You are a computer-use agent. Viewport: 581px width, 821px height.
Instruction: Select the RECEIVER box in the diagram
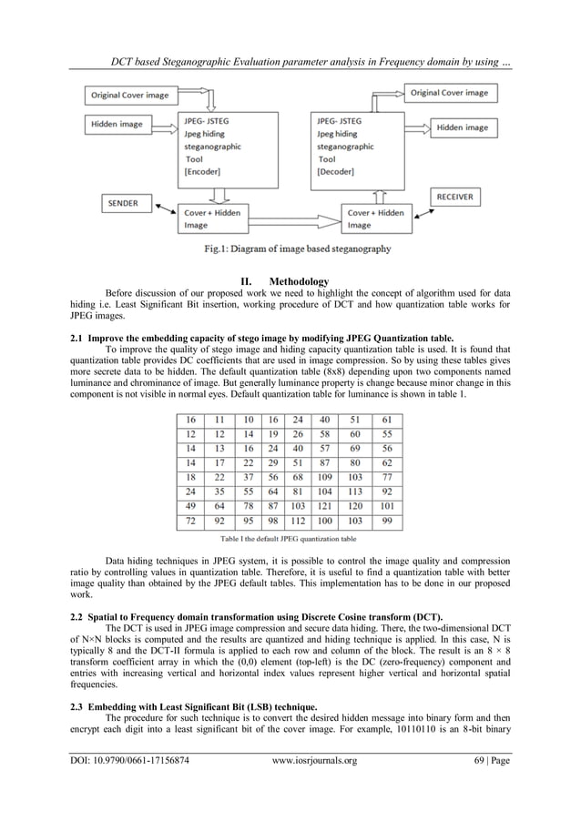[x=460, y=196]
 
